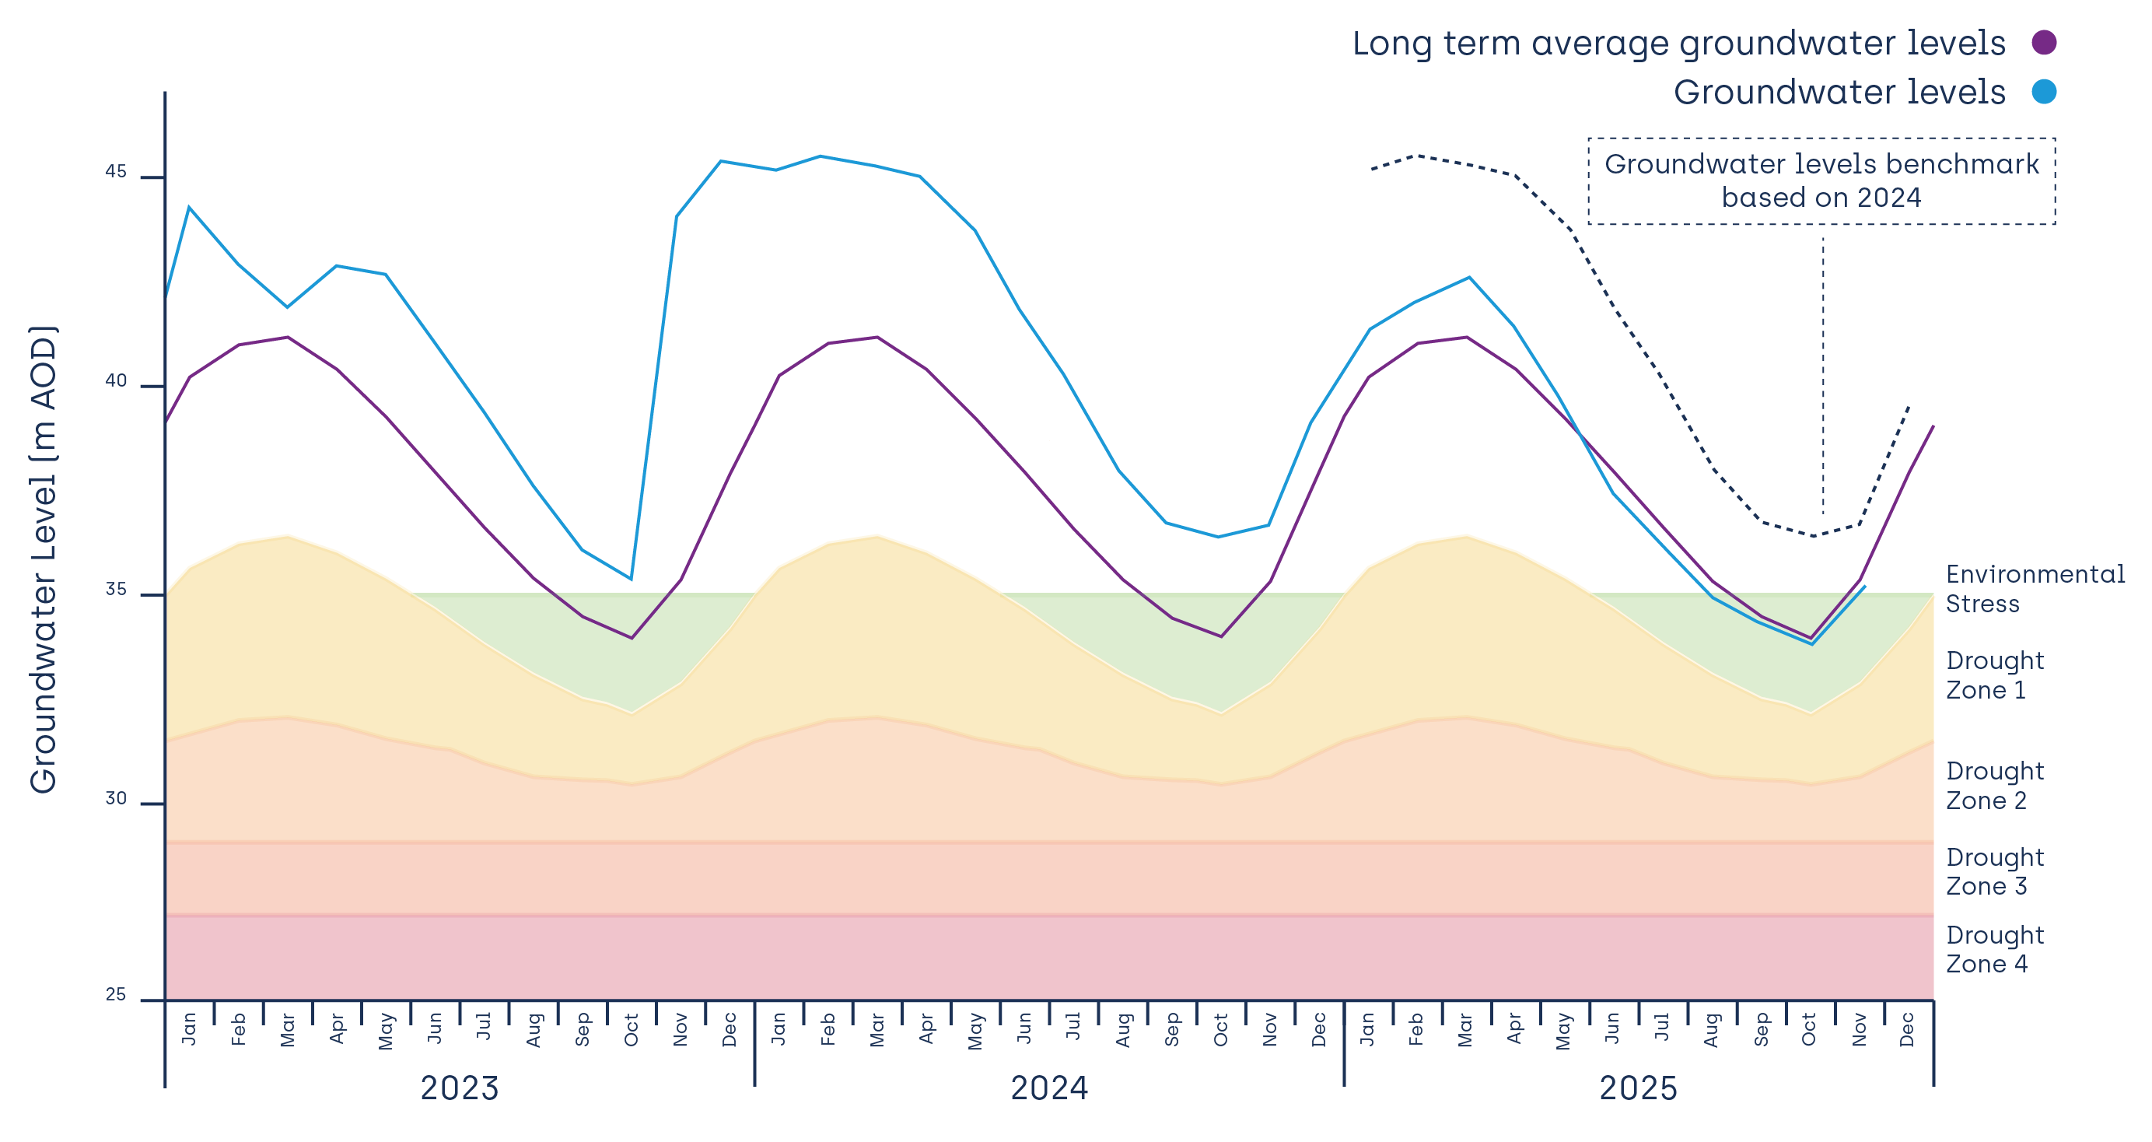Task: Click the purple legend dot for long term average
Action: (2043, 43)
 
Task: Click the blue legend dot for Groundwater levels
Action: (2043, 92)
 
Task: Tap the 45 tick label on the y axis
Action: (115, 172)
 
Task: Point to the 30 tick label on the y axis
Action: (115, 799)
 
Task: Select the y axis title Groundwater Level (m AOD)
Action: (44, 560)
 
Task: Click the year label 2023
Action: (459, 1088)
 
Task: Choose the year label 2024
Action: (1048, 1088)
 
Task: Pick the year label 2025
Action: (1637, 1088)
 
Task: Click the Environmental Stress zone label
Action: (2035, 589)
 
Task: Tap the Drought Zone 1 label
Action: (1994, 675)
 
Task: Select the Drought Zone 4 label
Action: (1994, 950)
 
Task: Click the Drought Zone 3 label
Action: (1994, 872)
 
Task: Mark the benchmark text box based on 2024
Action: (1821, 181)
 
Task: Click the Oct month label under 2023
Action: (632, 1030)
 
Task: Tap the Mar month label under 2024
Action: (877, 1030)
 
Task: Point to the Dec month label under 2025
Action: (1907, 1030)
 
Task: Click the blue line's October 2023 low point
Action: (631, 579)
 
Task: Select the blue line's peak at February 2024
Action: (821, 156)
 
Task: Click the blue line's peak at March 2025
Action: (1469, 278)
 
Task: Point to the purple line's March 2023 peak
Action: (289, 338)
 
